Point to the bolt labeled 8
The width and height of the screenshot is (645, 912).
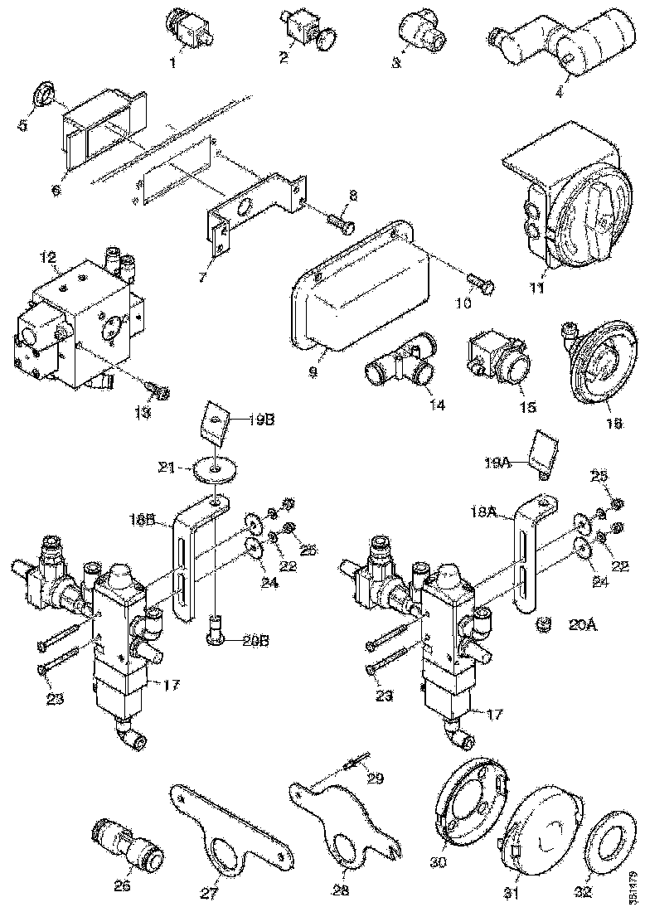pos(339,222)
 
